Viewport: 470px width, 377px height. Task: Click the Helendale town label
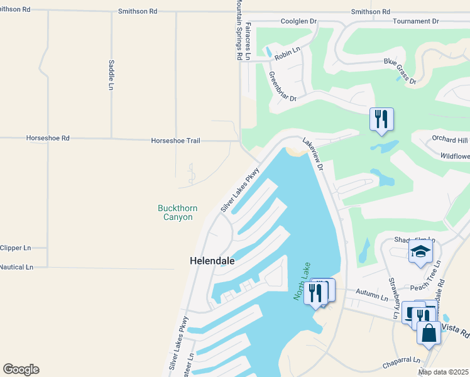click(x=212, y=261)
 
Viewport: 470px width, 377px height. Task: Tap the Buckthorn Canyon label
click(x=175, y=212)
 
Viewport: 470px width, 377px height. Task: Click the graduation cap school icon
click(x=420, y=253)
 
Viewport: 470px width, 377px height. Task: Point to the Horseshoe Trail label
click(x=175, y=141)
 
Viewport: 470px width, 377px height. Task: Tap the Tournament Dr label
click(x=415, y=21)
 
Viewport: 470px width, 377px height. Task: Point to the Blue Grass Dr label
click(x=400, y=71)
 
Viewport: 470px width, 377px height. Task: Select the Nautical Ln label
click(x=16, y=267)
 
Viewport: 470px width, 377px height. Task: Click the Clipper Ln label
click(x=15, y=248)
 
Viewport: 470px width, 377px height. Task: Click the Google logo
click(x=21, y=369)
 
